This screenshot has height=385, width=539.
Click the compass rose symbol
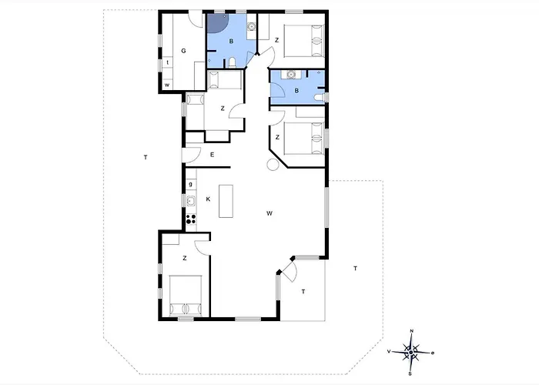[410, 353]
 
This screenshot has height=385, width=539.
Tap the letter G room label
[183, 51]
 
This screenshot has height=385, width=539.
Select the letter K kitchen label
[208, 199]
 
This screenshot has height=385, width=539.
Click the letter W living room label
[269, 213]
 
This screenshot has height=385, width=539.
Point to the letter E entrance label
[212, 155]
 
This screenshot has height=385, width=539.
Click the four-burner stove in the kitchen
[191, 219]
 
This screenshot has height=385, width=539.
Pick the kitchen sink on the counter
[191, 201]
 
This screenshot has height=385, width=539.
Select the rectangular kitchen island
[226, 201]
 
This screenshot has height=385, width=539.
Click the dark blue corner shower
[217, 23]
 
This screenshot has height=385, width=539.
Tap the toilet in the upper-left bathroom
[232, 62]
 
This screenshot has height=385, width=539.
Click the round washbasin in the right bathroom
[292, 74]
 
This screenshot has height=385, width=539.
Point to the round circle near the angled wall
[273, 164]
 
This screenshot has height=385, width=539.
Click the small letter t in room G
[168, 62]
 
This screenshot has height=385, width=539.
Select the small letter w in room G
[167, 85]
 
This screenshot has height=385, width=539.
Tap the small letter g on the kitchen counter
[191, 184]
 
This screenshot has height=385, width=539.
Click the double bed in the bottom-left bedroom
[186, 295]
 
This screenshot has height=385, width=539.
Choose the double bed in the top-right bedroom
[304, 41]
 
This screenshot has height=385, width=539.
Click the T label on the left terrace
[146, 157]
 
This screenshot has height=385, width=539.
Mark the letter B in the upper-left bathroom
[231, 42]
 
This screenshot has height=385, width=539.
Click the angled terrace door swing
[292, 271]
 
